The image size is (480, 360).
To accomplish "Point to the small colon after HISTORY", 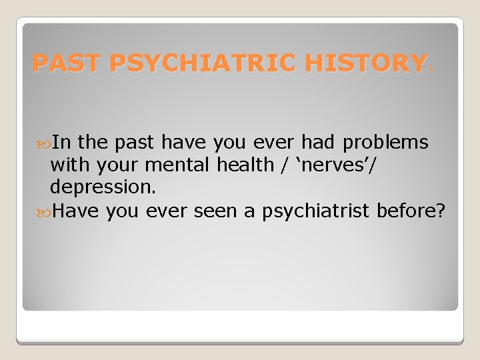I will tap(431, 67).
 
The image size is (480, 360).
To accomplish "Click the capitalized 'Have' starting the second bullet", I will tap(75, 211).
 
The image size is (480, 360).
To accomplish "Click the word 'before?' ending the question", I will tap(411, 211).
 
